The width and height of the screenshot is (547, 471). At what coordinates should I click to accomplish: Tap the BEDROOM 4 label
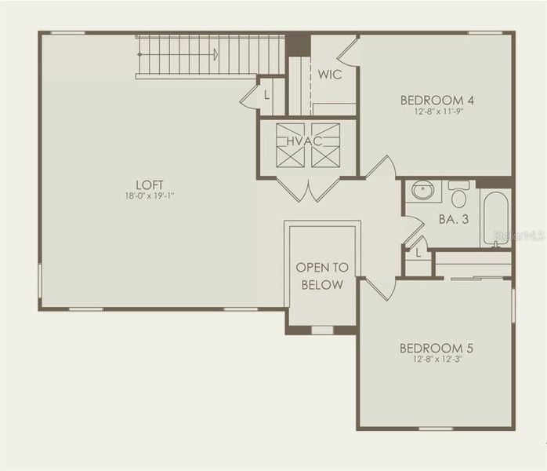[x=437, y=100]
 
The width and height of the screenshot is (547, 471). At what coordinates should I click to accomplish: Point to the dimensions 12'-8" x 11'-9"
[x=437, y=111]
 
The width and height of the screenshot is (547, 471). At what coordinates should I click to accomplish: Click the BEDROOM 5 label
[x=436, y=348]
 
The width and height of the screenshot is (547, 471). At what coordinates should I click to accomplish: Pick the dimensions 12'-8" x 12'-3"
[x=436, y=360]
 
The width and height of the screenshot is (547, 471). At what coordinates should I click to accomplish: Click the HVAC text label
[x=305, y=141]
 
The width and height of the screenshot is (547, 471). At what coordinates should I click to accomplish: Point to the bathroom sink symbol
[x=423, y=189]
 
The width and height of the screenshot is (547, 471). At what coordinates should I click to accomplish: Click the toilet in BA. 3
[x=459, y=194]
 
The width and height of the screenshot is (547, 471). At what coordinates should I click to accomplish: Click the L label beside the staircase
[x=266, y=94]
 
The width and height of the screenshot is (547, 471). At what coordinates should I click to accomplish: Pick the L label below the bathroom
[x=418, y=253]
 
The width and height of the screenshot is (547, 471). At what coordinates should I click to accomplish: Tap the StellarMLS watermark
[x=523, y=235]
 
